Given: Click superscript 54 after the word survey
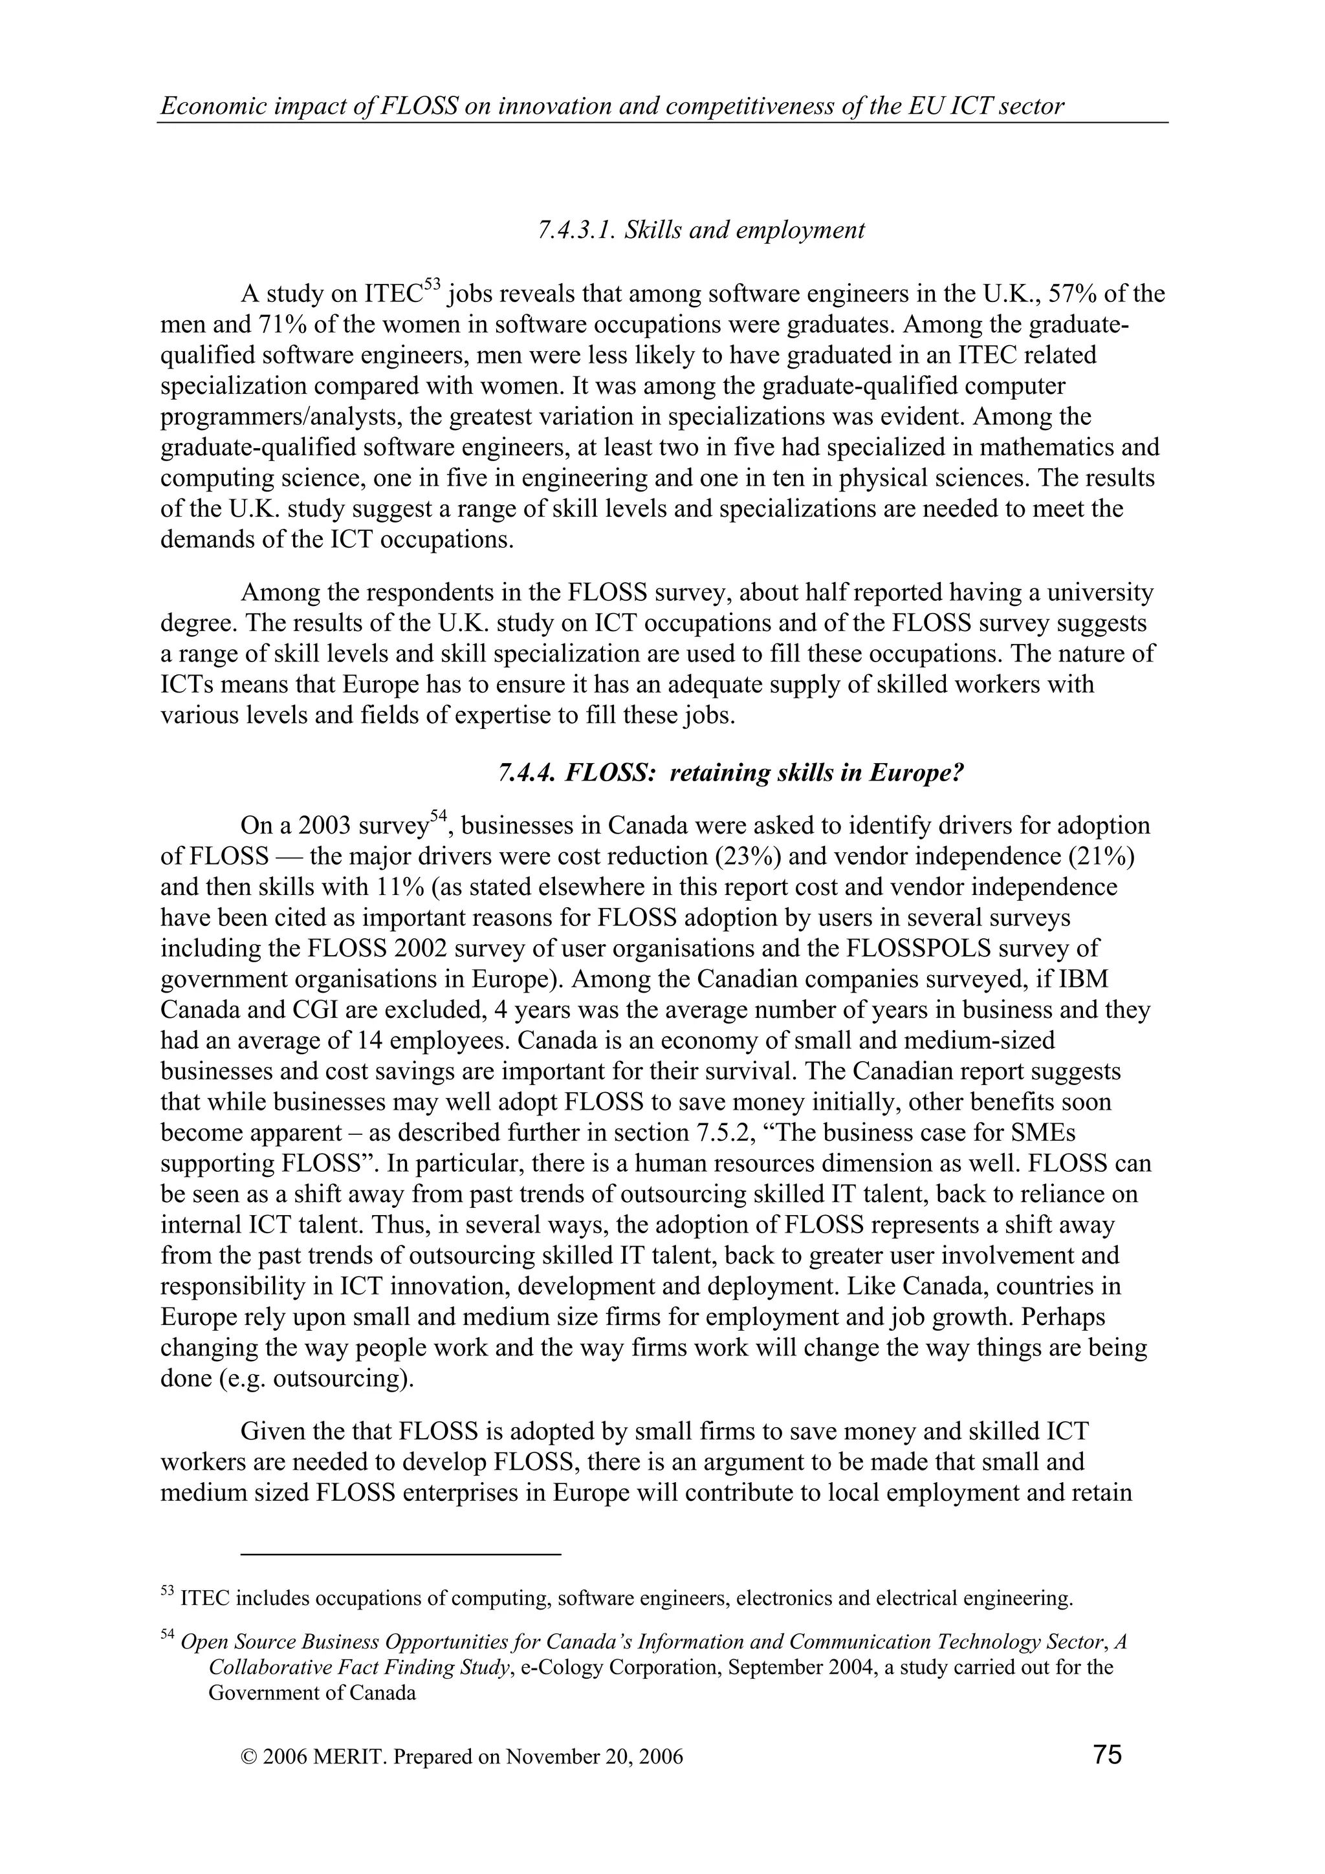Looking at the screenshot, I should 439,817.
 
